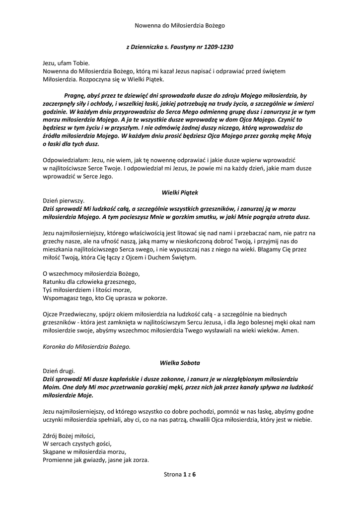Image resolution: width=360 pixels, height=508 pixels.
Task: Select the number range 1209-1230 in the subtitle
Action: click(218, 47)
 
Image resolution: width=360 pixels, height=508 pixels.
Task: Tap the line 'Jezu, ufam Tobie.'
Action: click(64, 64)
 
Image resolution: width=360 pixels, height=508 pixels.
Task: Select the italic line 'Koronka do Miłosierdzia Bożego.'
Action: click(86, 346)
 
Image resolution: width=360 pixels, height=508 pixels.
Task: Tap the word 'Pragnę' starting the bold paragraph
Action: click(75, 95)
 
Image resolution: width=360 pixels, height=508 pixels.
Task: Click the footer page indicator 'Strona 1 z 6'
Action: click(180, 475)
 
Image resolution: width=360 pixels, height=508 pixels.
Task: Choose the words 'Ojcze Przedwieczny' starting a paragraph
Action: click(69, 315)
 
